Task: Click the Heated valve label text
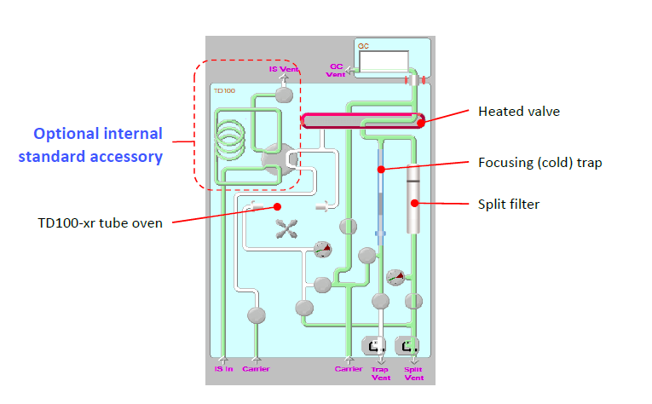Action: click(519, 111)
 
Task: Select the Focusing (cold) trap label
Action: click(540, 162)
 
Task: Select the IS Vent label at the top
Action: click(284, 70)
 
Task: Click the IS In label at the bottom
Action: click(222, 370)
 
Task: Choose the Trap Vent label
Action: click(380, 373)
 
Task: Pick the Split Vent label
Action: click(413, 373)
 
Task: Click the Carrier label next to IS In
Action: click(256, 370)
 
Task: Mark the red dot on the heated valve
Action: click(421, 121)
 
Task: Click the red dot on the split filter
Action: click(415, 202)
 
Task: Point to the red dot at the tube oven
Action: click(276, 206)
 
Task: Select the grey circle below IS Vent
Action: click(286, 93)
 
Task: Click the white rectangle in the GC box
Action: click(383, 61)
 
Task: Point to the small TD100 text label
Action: click(224, 89)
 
